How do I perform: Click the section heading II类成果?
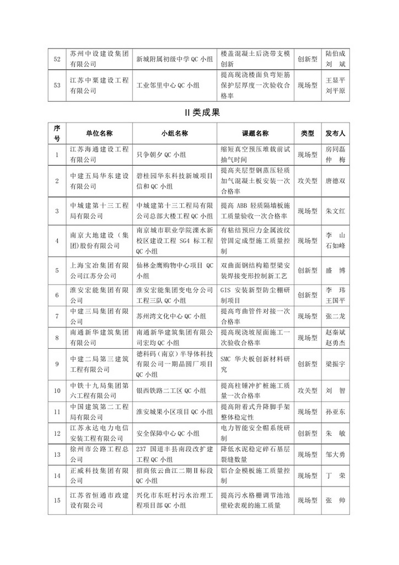tap(199, 113)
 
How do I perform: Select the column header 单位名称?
tap(99, 134)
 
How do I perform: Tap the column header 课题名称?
tap(255, 134)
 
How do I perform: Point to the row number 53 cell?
tap(56, 85)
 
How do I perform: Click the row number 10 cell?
tap(56, 391)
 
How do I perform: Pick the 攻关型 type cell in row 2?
tap(308, 180)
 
